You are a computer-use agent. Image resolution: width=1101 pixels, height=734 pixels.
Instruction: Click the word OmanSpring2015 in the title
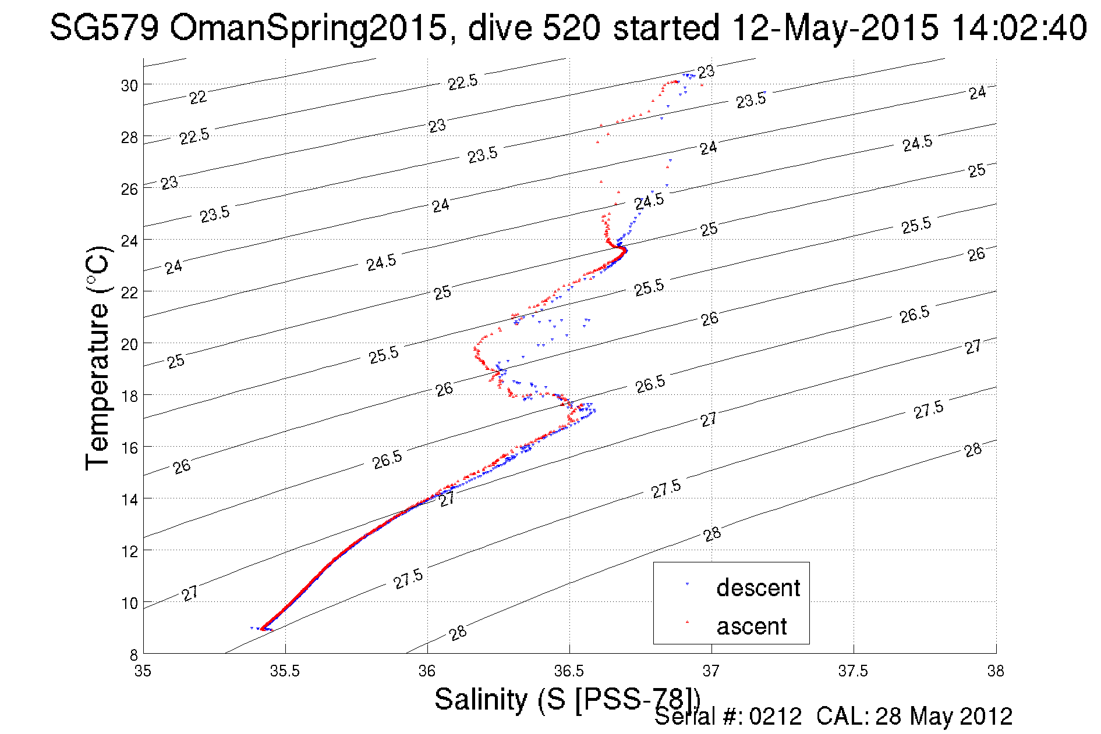[x=308, y=28]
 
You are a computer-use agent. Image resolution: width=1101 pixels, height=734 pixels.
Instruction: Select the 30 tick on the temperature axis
[x=129, y=85]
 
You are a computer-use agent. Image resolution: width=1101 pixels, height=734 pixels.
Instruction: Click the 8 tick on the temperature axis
[x=133, y=654]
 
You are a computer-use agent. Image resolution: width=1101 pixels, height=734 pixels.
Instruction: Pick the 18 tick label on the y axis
[x=129, y=396]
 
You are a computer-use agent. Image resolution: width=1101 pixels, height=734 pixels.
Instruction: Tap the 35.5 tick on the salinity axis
[x=285, y=671]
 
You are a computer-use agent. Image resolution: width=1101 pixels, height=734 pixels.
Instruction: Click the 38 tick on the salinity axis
[x=996, y=671]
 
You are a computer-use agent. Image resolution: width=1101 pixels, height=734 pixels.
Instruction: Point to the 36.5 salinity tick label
[x=569, y=671]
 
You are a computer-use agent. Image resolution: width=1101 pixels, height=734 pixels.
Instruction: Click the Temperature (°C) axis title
[x=97, y=358]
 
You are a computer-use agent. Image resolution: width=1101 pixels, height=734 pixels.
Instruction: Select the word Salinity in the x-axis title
[x=481, y=699]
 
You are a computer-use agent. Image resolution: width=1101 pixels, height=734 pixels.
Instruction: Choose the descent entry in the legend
[x=758, y=587]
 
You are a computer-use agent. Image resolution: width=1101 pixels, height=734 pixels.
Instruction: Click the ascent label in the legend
[x=751, y=626]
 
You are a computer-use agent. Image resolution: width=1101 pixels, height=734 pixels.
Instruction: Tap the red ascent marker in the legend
[x=688, y=622]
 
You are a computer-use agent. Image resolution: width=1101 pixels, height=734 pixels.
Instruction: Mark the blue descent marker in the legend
[x=688, y=583]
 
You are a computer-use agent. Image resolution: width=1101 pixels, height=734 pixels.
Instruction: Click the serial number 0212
[x=775, y=717]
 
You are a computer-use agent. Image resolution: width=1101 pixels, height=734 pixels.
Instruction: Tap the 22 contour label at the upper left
[x=198, y=97]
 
